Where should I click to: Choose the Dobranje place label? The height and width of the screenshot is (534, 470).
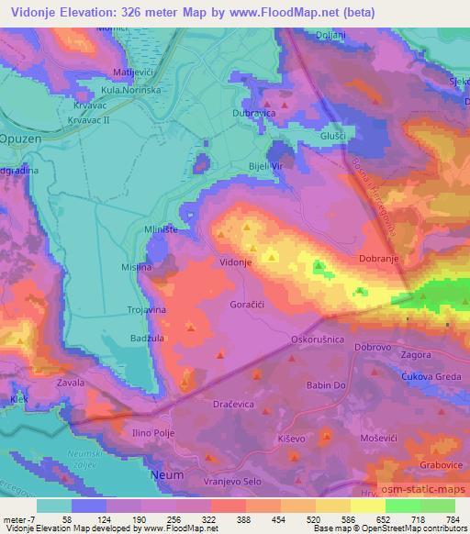(380, 260)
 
